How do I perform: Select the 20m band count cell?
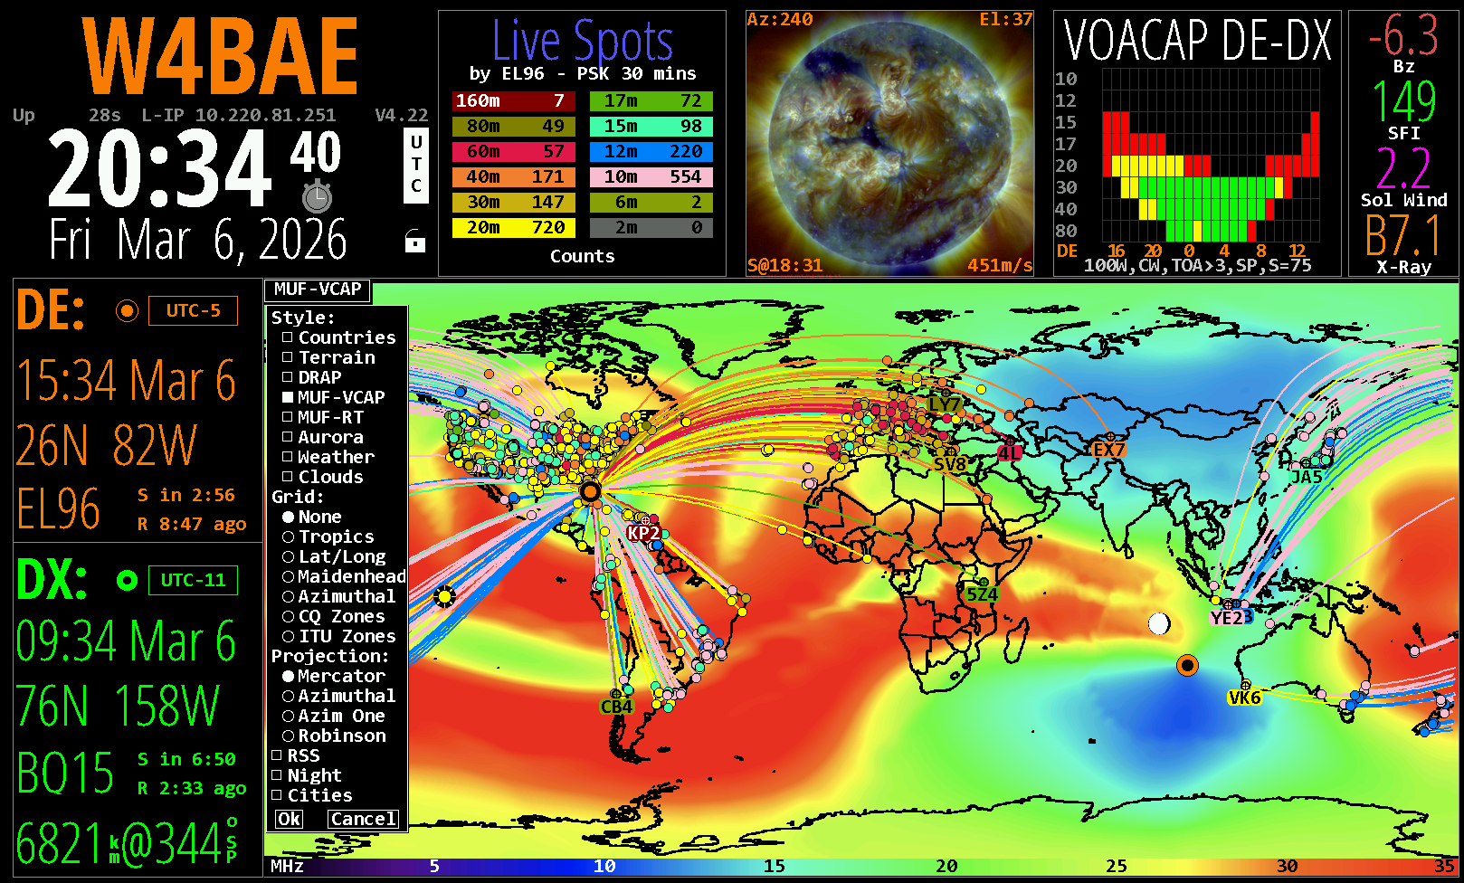[x=514, y=228]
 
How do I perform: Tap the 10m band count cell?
[x=651, y=177]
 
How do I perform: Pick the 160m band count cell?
[x=514, y=101]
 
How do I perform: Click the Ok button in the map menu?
[x=289, y=819]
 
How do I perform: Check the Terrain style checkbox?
[x=288, y=357]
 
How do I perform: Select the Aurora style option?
[x=288, y=437]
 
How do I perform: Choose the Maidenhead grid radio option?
[x=289, y=576]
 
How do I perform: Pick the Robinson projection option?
[x=289, y=736]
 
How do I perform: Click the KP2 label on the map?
[x=643, y=533]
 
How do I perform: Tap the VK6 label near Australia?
[x=1244, y=698]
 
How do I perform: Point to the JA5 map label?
[x=1306, y=477]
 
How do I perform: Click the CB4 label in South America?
[x=616, y=707]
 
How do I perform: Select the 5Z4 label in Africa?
[x=982, y=594]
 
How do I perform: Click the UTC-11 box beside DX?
[x=194, y=580]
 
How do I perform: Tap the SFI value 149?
[x=1403, y=101]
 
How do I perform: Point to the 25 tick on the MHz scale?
[x=1117, y=866]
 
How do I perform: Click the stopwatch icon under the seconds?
[x=317, y=196]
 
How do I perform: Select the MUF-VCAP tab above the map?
[x=318, y=290]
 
